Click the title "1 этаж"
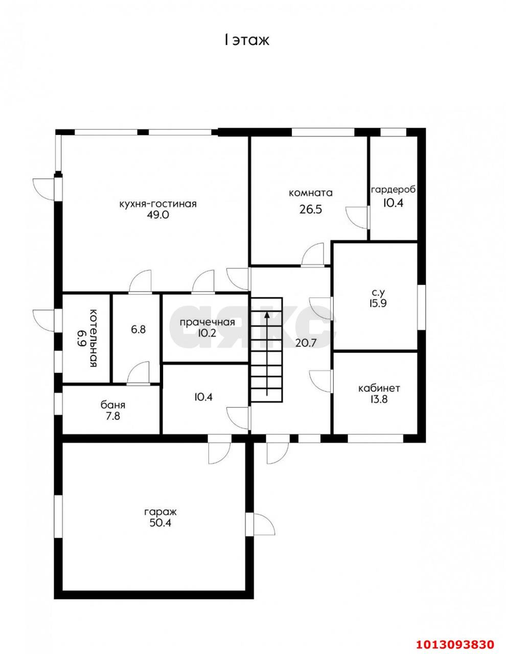(x=247, y=40)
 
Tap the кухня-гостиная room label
(x=158, y=204)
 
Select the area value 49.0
(x=158, y=215)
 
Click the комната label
(x=311, y=193)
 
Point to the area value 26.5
(x=311, y=209)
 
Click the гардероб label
(x=394, y=190)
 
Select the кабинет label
(x=379, y=388)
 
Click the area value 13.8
(x=379, y=400)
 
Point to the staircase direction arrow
(x=267, y=354)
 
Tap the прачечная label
(x=208, y=322)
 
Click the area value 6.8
(x=138, y=330)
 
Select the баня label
(x=113, y=405)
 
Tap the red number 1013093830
(x=455, y=642)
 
